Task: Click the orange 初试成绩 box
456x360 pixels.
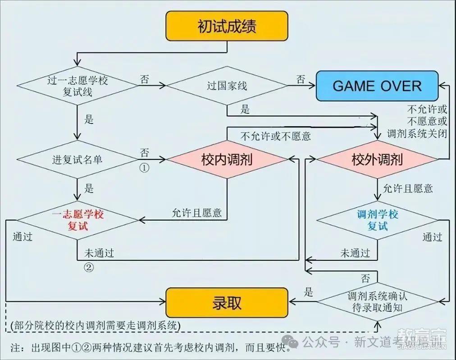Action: pyautogui.click(x=227, y=26)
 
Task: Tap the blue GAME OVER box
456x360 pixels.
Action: pyautogui.click(x=377, y=86)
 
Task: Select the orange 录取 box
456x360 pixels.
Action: pyautogui.click(x=227, y=303)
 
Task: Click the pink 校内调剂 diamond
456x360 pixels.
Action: pyautogui.click(x=227, y=159)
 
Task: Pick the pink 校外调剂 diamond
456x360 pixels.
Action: pyautogui.click(x=377, y=159)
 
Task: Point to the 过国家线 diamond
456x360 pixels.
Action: pyautogui.click(x=227, y=86)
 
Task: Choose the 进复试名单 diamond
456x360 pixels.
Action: pyautogui.click(x=78, y=159)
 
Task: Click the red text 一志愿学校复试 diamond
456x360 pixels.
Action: pyautogui.click(x=78, y=220)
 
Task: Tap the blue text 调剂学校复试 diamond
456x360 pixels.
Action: pyautogui.click(x=377, y=220)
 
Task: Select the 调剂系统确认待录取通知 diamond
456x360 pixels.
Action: pyautogui.click(x=377, y=302)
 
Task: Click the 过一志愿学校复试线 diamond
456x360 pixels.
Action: pyautogui.click(x=78, y=86)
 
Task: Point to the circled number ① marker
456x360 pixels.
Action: pyautogui.click(x=145, y=168)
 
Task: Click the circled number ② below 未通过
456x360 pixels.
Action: pyautogui.click(x=89, y=267)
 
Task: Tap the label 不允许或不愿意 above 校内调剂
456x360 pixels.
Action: pyautogui.click(x=276, y=136)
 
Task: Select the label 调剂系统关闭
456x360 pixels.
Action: pyautogui.click(x=417, y=133)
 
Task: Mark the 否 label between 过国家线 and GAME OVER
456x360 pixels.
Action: pyautogui.click(x=301, y=79)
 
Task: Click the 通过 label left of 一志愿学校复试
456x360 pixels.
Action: pyautogui.click(x=23, y=237)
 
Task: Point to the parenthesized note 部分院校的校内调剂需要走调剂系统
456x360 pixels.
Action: pyautogui.click(x=96, y=325)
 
